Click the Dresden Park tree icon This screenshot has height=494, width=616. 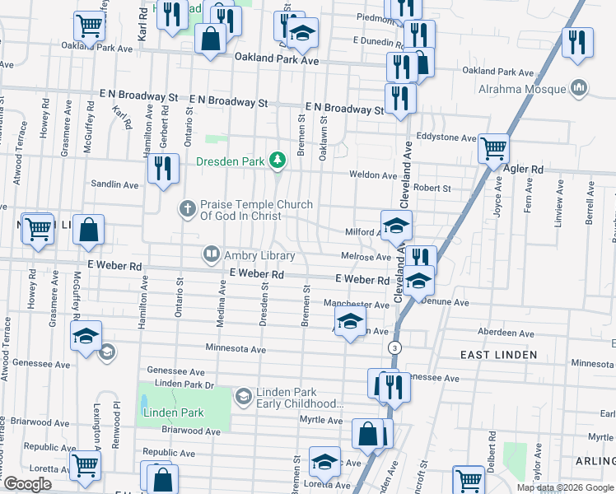click(278, 161)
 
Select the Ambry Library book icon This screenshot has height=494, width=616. click(211, 255)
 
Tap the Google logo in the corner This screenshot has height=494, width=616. click(27, 484)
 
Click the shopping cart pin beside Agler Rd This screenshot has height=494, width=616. click(493, 149)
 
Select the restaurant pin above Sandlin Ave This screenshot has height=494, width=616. click(163, 168)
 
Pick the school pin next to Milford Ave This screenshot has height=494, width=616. click(396, 225)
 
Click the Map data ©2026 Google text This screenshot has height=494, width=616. click(564, 487)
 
